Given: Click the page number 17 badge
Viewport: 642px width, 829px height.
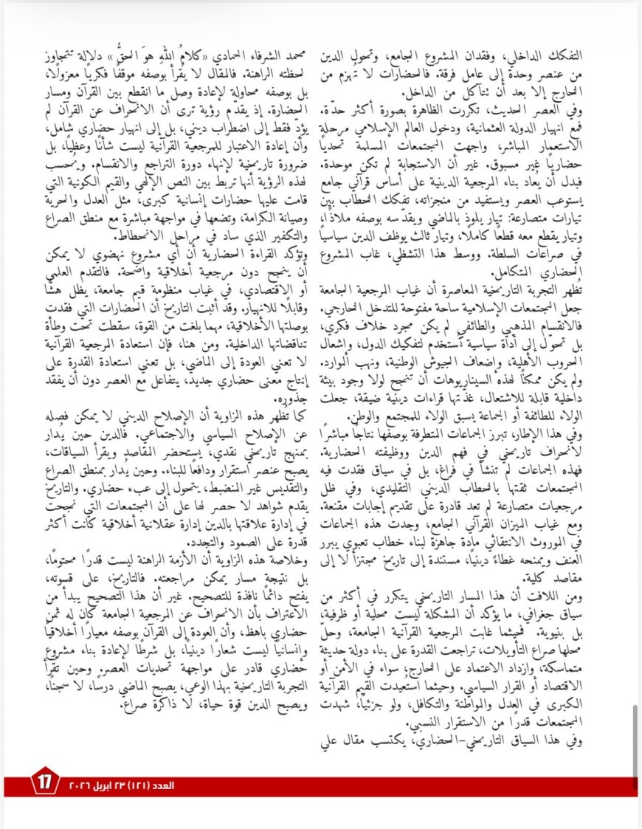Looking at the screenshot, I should click(42, 782).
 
